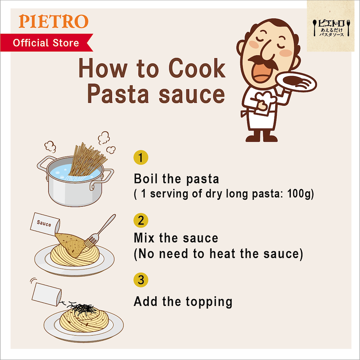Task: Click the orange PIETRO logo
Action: (54, 21)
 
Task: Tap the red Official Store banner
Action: (47, 42)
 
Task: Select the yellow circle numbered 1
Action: (141, 157)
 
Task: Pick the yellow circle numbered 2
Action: (141, 220)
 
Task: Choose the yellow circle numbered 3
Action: (141, 280)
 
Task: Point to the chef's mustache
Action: (263, 62)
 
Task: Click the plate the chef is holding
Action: (296, 82)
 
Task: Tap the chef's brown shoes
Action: (262, 137)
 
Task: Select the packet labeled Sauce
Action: (45, 224)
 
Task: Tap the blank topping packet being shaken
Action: (47, 294)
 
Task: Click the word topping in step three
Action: (209, 302)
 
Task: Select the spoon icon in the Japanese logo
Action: (315, 28)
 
